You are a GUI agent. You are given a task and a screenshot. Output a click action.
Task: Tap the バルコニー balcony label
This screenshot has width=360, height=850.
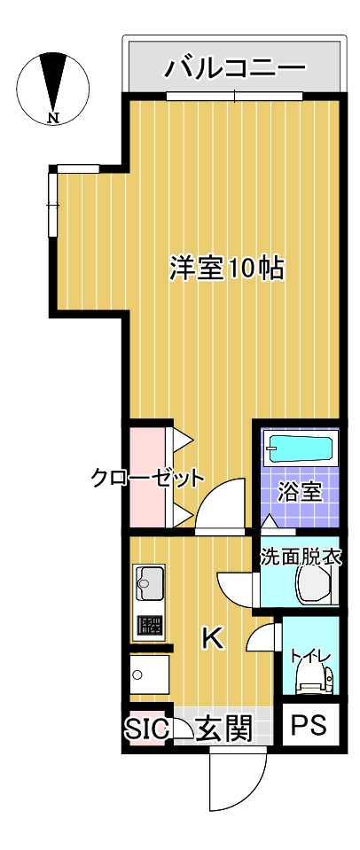coord(235,66)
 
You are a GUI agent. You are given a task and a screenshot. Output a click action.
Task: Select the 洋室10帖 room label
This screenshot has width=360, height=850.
coord(227,268)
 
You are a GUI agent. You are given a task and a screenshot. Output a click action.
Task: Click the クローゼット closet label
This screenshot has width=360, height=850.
coord(147,479)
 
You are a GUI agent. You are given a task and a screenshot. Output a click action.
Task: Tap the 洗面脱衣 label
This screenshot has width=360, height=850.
coord(301,558)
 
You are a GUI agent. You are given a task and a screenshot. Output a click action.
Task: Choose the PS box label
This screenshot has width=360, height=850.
coord(309,728)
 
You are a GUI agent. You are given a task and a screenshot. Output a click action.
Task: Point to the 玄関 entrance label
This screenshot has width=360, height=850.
coord(225,729)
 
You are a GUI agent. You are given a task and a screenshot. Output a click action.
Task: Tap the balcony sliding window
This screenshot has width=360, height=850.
coord(235,95)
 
